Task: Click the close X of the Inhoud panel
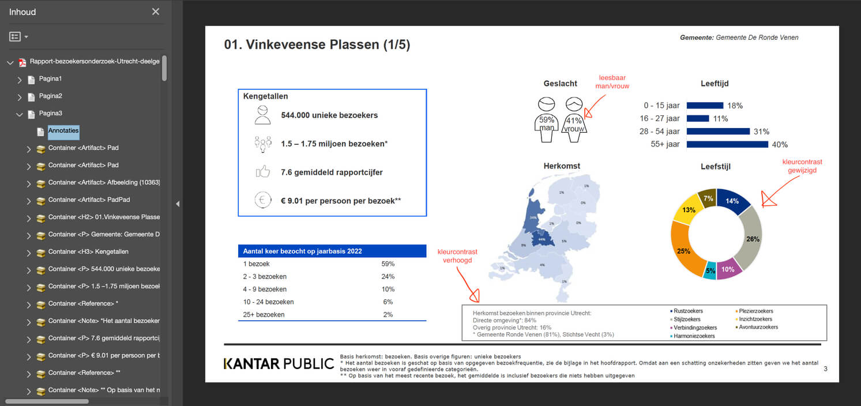tap(156, 12)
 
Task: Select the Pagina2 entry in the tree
tap(50, 96)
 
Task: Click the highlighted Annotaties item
tap(63, 131)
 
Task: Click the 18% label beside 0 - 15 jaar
tap(735, 106)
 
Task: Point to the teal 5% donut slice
tap(709, 270)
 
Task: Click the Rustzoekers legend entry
tap(688, 311)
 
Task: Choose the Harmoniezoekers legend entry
tap(694, 336)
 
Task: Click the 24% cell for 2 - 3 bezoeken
tap(388, 276)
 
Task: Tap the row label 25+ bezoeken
tap(264, 314)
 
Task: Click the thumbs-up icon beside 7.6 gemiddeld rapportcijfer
tap(263, 172)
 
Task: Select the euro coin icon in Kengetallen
tap(263, 200)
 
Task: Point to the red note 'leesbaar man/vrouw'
tap(612, 82)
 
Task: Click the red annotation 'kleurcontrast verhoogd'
tap(457, 256)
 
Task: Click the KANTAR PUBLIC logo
tap(279, 363)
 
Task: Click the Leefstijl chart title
tap(715, 167)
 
